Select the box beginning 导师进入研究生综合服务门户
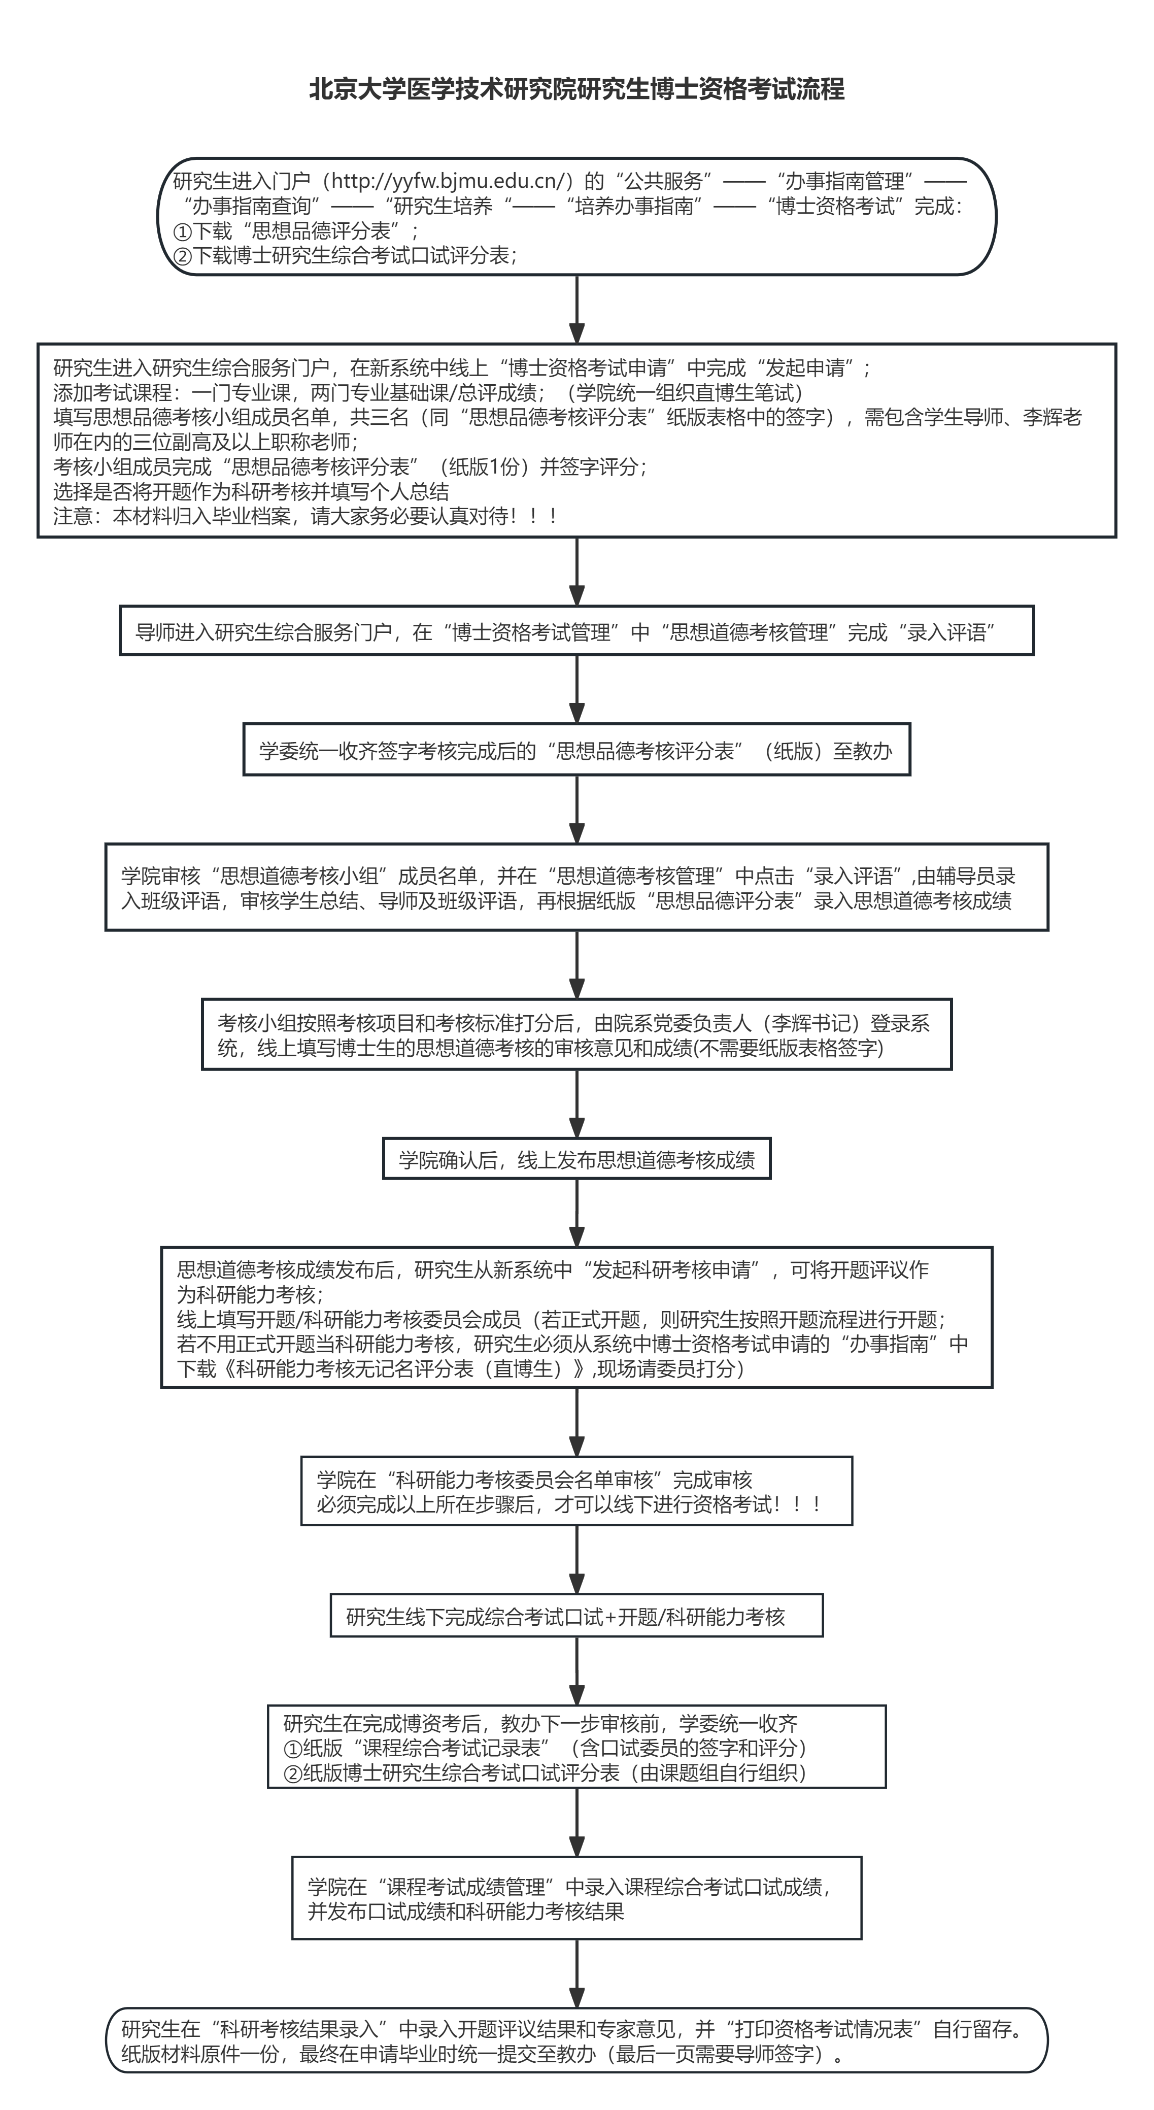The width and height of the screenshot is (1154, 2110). pyautogui.click(x=576, y=631)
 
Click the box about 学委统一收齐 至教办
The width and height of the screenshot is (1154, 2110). pyautogui.click(x=576, y=750)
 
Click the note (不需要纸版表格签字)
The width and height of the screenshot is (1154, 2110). pyautogui.click(x=788, y=1048)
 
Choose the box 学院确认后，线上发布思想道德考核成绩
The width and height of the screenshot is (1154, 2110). pyautogui.click(x=576, y=1159)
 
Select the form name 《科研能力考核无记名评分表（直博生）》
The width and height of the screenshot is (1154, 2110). pyautogui.click(x=404, y=1369)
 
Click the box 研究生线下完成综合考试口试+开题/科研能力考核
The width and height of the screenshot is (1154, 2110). pyautogui.click(x=576, y=1615)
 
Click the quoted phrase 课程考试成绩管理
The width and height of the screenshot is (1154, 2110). pyautogui.click(x=465, y=1887)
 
